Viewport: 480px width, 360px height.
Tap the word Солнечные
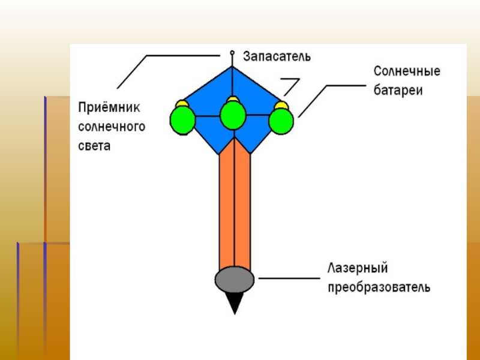tap(407, 71)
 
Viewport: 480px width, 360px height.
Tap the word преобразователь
tap(379, 287)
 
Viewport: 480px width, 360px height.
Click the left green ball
tap(183, 120)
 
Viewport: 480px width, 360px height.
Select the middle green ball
tap(233, 115)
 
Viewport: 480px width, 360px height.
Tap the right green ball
tap(281, 121)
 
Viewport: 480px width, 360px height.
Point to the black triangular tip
tap(235, 302)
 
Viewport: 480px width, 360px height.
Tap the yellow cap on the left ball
tap(181, 104)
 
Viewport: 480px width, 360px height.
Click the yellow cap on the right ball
tap(280, 105)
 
